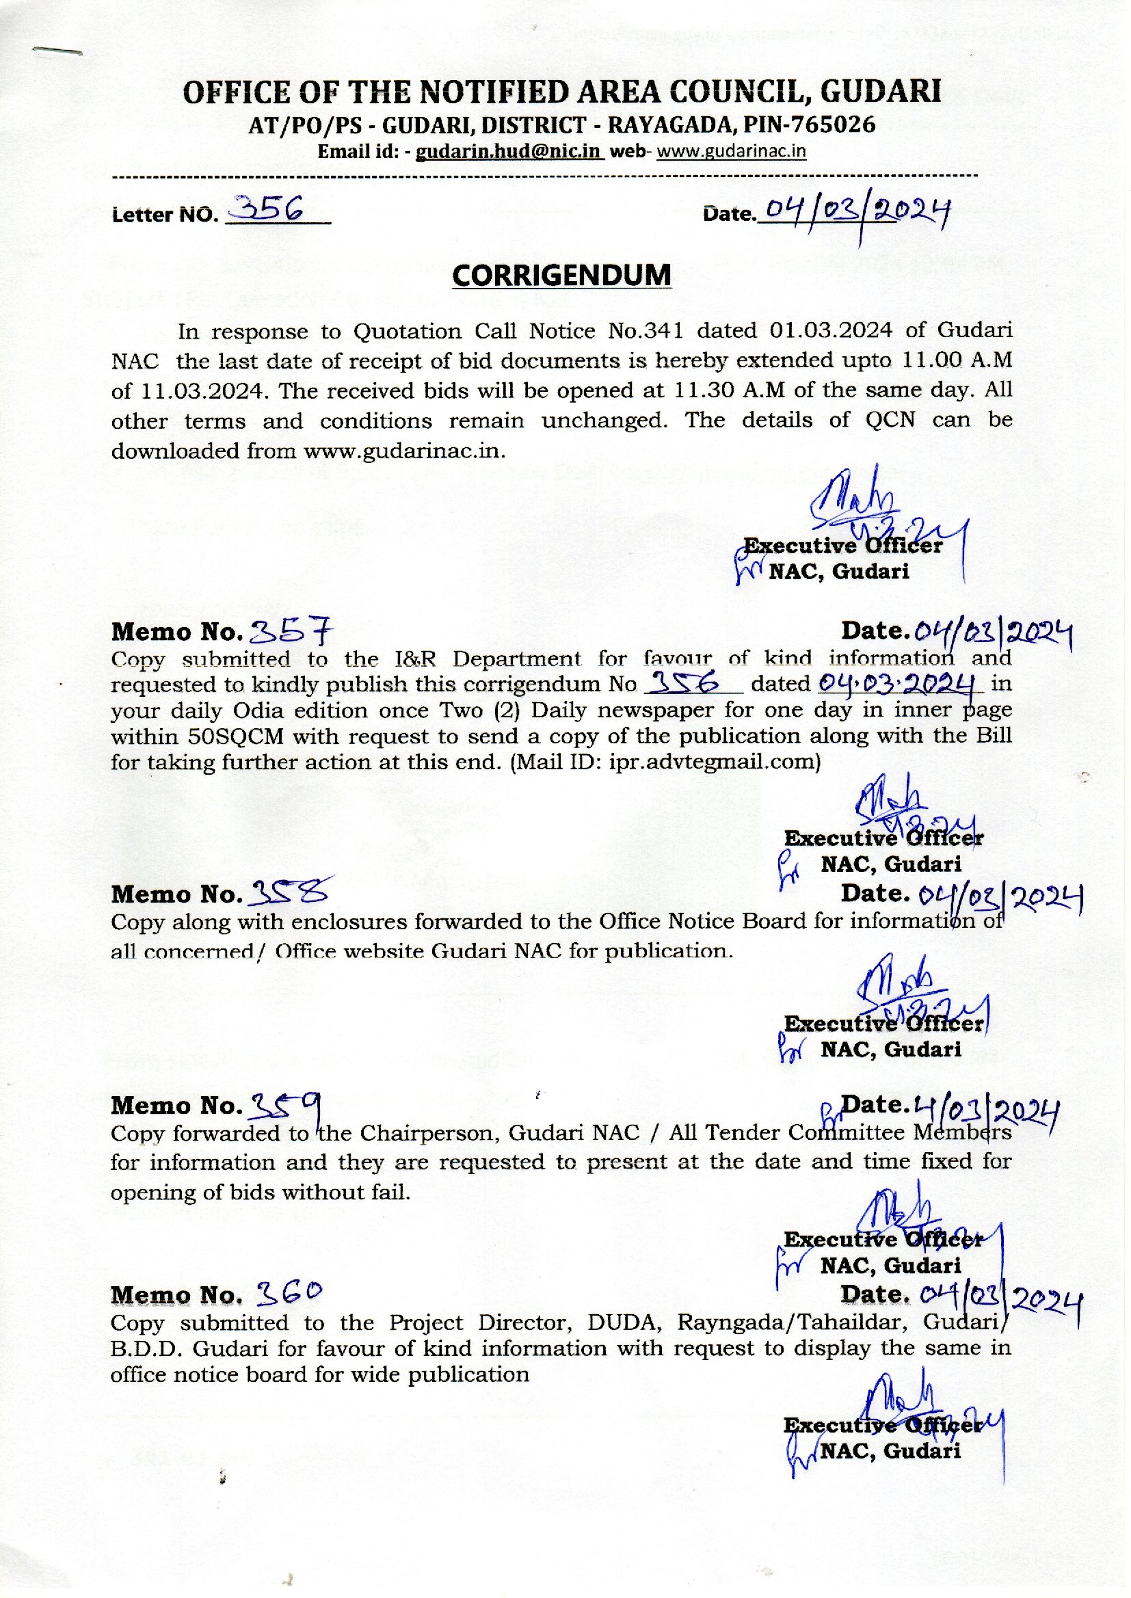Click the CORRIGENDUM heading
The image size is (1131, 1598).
tap(561, 276)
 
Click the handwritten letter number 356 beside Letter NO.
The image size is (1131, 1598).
tap(268, 207)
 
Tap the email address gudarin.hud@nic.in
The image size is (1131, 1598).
tap(509, 151)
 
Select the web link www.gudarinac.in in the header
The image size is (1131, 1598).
tap(731, 151)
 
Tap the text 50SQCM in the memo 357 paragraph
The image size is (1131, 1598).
tap(178, 736)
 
